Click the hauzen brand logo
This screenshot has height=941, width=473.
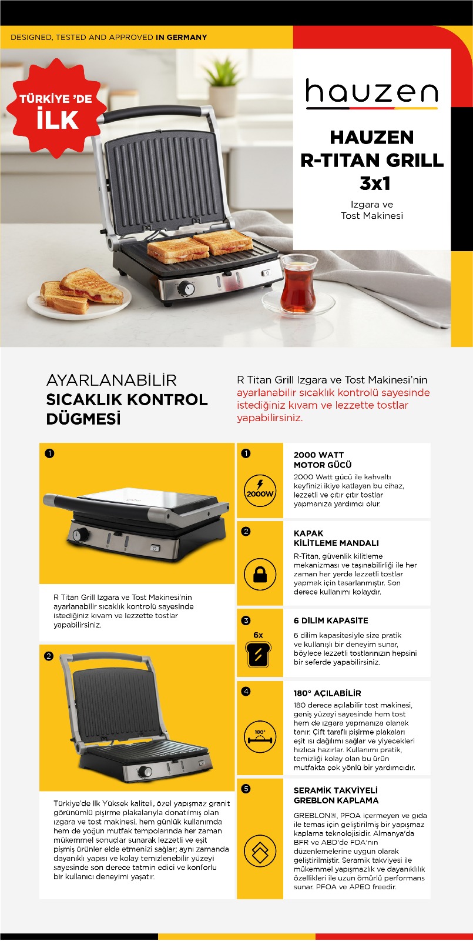point(372,94)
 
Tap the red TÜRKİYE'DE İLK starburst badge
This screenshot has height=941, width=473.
point(56,108)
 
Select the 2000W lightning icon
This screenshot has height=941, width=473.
point(260,490)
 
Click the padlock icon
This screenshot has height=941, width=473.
point(260,574)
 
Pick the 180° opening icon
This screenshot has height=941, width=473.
point(260,738)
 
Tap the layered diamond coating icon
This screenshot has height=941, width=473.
point(260,850)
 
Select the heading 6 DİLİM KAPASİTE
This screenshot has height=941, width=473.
point(331,620)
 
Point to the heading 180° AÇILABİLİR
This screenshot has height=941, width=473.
point(327,693)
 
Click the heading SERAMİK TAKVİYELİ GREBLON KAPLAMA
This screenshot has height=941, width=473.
point(336,795)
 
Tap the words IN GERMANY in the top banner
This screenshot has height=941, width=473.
point(182,38)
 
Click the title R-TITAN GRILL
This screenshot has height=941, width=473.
point(372,160)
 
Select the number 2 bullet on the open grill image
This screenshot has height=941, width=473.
point(49,656)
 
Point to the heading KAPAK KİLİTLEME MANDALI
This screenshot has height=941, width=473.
point(336,538)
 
